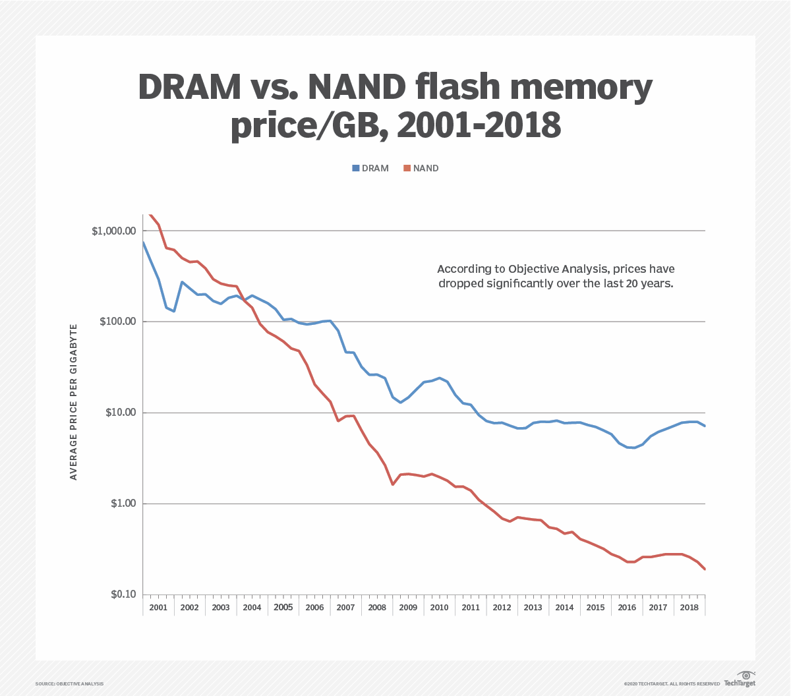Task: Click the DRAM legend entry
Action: (370, 168)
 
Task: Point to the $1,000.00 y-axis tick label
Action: (114, 231)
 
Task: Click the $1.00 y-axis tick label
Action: (121, 504)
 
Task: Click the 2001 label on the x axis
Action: (158, 608)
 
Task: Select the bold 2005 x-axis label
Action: (283, 608)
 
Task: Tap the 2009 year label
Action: (408, 608)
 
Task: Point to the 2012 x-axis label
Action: (502, 608)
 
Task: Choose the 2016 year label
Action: (627, 608)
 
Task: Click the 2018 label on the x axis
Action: (689, 608)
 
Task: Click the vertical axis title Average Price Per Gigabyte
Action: (74, 401)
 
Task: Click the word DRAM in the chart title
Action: (190, 88)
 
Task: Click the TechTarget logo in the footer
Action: (740, 680)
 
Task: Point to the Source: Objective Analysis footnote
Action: (69, 684)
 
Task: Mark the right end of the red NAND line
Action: (705, 569)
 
